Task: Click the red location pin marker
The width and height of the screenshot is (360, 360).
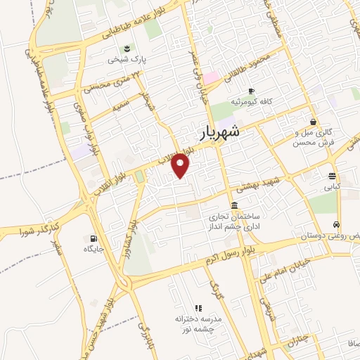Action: pos(181,165)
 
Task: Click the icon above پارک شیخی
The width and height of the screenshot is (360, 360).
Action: pos(127,49)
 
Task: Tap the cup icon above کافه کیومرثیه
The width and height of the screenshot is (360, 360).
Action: pos(251,91)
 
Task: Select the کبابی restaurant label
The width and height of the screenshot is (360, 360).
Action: pos(331,188)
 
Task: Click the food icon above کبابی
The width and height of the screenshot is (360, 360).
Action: pos(331,176)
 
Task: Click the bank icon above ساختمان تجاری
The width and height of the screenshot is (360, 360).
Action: pos(233,205)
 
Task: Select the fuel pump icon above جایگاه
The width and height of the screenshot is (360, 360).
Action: pos(92,238)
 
